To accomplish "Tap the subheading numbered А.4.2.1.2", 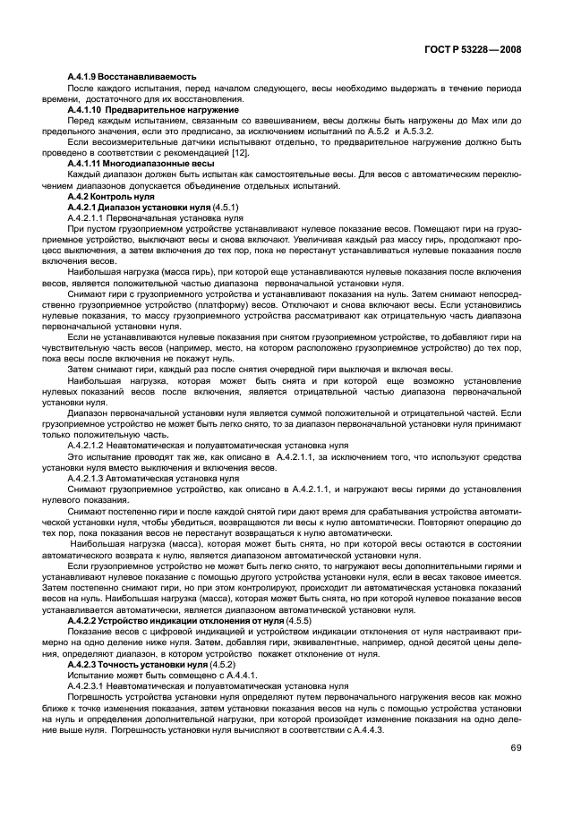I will click(x=196, y=445).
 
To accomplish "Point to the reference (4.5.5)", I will click(x=298, y=619).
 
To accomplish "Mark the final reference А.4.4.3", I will click(x=368, y=729).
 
